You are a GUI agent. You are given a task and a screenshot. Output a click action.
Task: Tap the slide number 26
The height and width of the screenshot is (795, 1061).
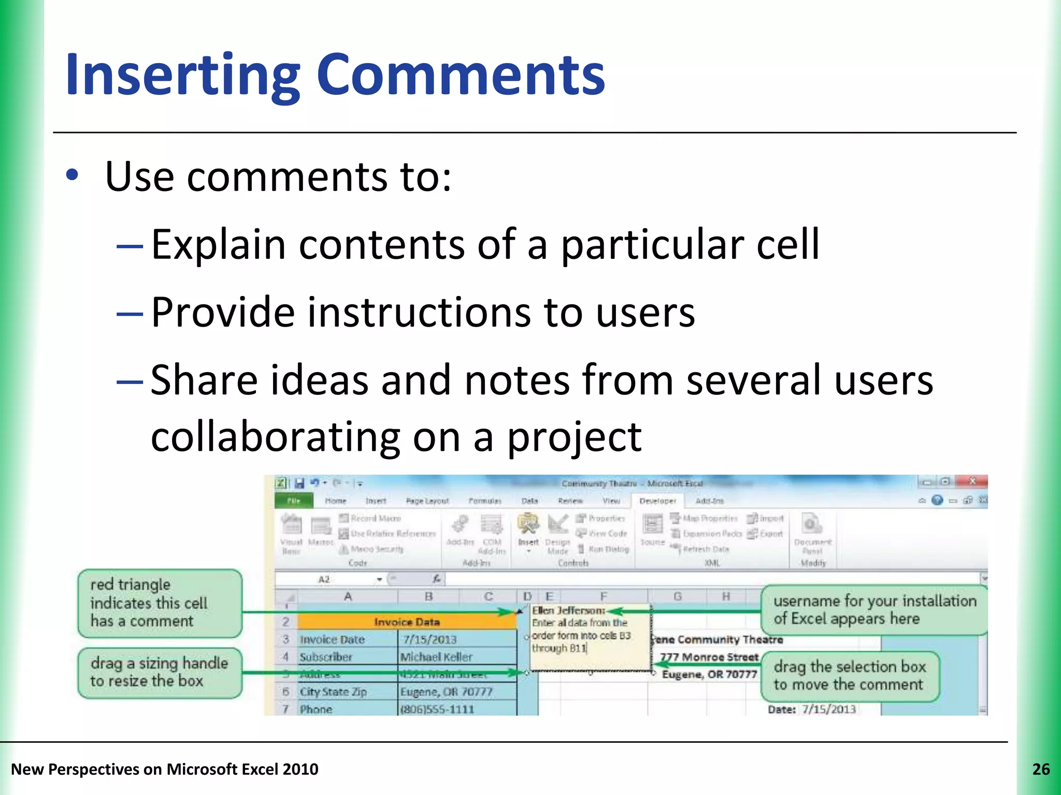click(1041, 769)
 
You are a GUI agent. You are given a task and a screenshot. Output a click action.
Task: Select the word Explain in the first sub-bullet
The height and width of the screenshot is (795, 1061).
click(218, 244)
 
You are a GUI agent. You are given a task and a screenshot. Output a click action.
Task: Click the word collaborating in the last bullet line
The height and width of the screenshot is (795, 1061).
click(275, 436)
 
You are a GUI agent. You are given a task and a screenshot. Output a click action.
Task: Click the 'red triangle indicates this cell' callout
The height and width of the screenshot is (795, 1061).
click(160, 603)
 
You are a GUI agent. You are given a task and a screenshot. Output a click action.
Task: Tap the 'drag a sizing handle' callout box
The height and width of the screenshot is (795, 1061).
click(160, 672)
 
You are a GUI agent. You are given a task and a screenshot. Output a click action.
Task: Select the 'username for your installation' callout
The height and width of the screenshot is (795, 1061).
click(874, 610)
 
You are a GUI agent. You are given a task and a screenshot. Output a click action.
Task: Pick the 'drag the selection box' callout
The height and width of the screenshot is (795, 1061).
click(849, 675)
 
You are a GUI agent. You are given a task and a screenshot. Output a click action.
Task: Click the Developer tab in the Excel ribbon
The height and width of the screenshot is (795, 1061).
click(657, 501)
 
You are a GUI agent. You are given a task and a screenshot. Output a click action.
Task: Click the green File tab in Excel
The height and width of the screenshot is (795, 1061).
click(294, 501)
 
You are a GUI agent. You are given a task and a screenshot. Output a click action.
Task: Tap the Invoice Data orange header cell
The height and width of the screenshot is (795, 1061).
click(407, 622)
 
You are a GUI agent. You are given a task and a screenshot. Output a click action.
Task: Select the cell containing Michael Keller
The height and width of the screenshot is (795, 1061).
click(436, 657)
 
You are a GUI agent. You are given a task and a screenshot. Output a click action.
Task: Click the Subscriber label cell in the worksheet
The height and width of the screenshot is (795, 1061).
click(326, 657)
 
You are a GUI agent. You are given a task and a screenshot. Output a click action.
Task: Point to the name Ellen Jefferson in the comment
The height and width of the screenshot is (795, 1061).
click(568, 611)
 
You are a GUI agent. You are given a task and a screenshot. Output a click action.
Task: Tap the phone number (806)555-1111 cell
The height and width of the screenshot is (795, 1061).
click(437, 709)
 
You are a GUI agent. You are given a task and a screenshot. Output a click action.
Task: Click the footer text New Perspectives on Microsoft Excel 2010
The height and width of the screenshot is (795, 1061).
click(165, 769)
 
